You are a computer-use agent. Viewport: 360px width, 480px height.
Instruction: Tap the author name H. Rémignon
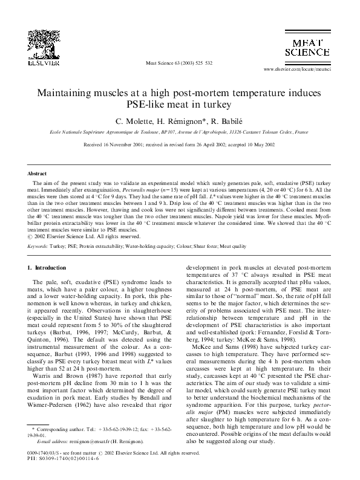(x=172, y=120)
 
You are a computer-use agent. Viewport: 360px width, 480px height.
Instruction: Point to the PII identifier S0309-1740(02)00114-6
(x=64, y=458)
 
